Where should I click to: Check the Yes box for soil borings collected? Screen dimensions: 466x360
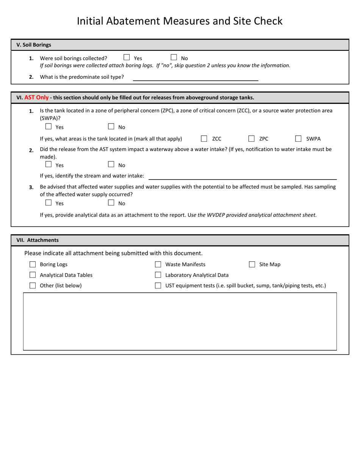(x=127, y=58)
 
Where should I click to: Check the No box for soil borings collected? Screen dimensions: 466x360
(x=174, y=58)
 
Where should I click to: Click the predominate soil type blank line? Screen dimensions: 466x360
(x=195, y=77)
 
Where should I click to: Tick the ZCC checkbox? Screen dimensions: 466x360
(x=204, y=139)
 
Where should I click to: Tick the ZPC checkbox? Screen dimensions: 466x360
(x=251, y=139)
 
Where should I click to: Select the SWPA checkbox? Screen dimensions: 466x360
(x=298, y=139)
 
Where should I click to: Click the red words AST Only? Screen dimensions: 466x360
(x=36, y=97)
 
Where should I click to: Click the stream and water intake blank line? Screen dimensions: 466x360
(x=243, y=176)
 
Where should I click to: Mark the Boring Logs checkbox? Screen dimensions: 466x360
(x=33, y=264)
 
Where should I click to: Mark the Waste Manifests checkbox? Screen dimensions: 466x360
(x=158, y=264)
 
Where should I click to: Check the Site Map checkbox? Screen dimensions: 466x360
(x=252, y=264)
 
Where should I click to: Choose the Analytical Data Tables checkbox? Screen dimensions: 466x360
(x=33, y=275)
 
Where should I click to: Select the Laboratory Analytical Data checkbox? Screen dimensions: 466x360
(x=158, y=275)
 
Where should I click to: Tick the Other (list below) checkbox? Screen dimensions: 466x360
(x=33, y=286)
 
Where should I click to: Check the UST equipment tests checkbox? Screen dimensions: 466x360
(x=158, y=286)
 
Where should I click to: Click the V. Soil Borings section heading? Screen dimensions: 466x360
(x=34, y=45)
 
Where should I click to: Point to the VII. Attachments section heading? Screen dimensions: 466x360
(x=38, y=240)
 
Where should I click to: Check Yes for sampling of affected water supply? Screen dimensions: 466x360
(x=49, y=203)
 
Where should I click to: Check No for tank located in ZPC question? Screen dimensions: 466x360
(x=111, y=127)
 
